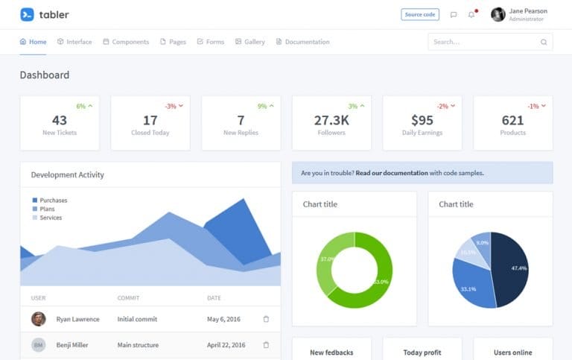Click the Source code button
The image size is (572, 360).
(x=420, y=14)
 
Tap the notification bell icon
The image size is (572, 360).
(x=471, y=14)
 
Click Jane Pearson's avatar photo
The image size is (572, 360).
(x=498, y=14)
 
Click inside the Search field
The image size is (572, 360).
(x=484, y=42)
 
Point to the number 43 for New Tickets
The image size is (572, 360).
(x=60, y=120)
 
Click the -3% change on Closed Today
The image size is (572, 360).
(x=171, y=106)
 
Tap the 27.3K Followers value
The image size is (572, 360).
(x=331, y=120)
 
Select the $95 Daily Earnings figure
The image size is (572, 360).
(x=422, y=120)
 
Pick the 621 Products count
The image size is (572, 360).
(x=513, y=120)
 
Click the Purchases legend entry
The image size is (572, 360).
(x=53, y=200)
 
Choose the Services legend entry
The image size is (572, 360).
(x=51, y=218)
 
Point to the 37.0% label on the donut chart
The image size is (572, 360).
(x=326, y=259)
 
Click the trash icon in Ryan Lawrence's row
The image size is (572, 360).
(x=266, y=319)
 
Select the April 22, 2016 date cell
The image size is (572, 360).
(x=226, y=345)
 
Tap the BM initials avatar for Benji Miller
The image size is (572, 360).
(x=38, y=345)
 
